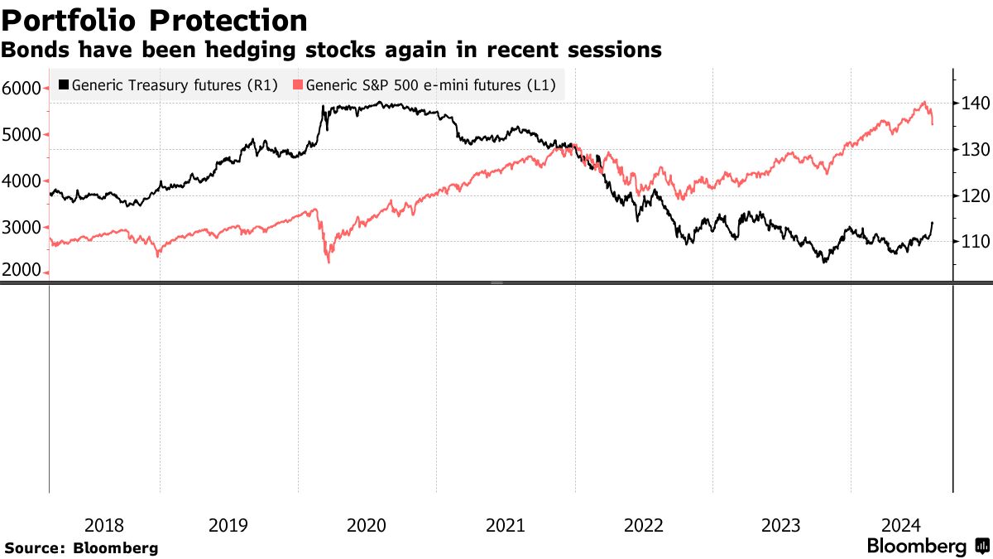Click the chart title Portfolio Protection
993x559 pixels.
coord(155,19)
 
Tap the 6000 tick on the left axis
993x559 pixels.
coord(26,88)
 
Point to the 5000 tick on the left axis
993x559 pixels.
coord(26,134)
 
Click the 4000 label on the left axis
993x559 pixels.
coord(26,181)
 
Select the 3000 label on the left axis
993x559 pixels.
coord(26,227)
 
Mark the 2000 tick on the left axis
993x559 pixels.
coord(26,272)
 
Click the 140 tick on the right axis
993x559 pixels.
coord(974,104)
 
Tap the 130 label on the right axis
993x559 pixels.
coord(974,150)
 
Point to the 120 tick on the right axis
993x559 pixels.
coord(974,196)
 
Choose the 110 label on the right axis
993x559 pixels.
coord(974,242)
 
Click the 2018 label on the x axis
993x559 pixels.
coord(104,525)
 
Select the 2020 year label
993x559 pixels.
coord(367,525)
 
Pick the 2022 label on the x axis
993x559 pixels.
coord(643,525)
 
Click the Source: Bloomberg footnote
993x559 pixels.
coord(81,547)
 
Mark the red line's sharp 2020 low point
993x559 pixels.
coord(329,263)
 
